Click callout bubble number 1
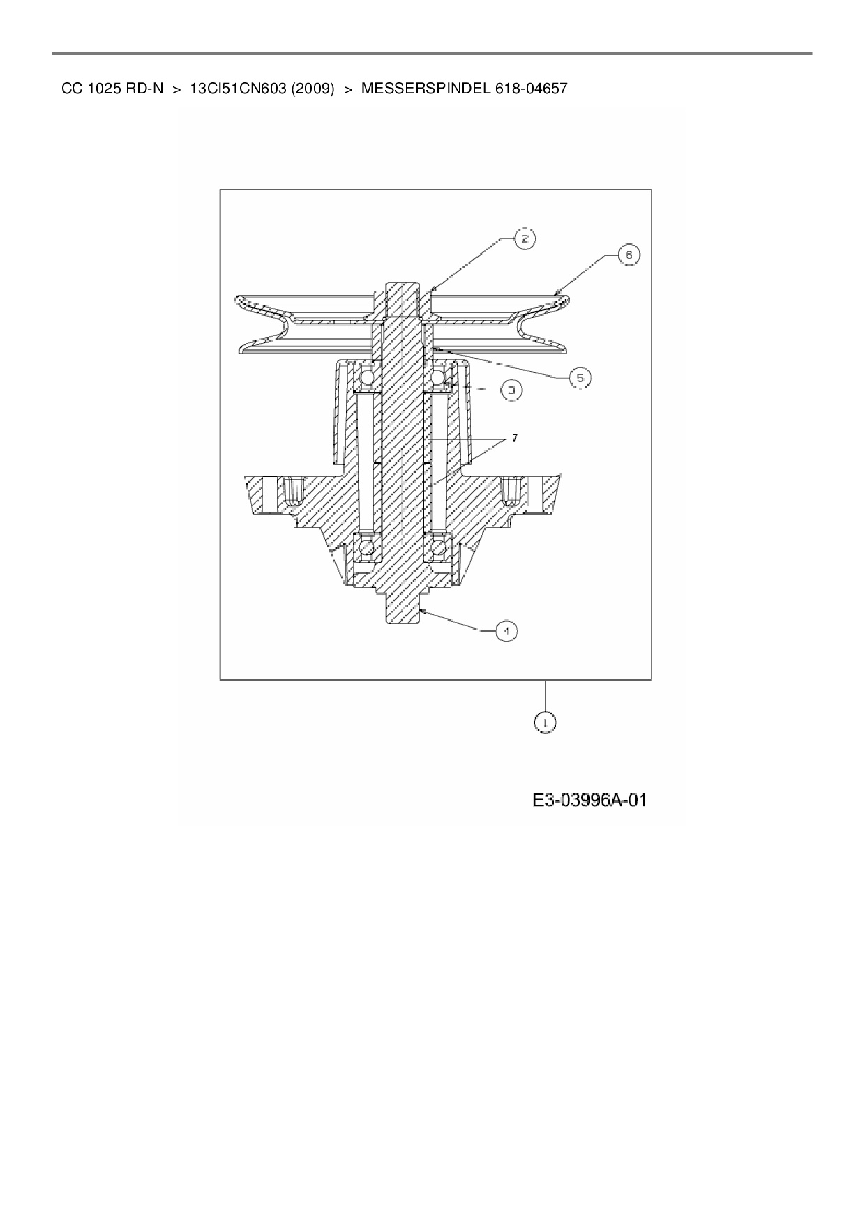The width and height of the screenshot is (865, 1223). pos(546,723)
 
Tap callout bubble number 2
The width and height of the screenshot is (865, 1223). pos(525,239)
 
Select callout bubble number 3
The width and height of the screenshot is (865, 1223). pos(511,390)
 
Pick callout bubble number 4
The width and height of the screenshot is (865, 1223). pos(506,631)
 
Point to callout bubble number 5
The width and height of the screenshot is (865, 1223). pos(580,378)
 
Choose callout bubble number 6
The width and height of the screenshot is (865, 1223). pos(628,255)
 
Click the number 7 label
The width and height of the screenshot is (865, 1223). pos(514,438)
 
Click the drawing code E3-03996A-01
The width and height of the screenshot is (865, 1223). pos(590,800)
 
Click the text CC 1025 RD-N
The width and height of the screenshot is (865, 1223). pos(112,89)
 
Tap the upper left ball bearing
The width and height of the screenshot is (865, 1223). pos(366,378)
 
